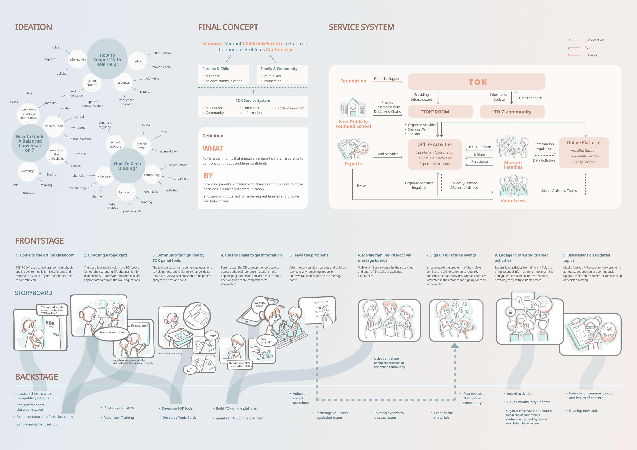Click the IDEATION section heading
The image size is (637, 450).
(x=34, y=27)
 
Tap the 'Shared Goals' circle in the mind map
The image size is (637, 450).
(x=54, y=126)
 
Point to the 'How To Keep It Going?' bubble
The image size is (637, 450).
(x=127, y=166)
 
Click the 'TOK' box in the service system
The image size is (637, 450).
(x=476, y=82)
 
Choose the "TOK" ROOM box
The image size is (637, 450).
(x=440, y=112)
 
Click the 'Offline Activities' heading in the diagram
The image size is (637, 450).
(x=435, y=144)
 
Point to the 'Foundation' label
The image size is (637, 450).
(x=353, y=81)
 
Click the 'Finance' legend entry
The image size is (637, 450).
(x=591, y=55)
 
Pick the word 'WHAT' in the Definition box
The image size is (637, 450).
(x=213, y=149)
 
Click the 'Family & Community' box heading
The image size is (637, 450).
(x=279, y=69)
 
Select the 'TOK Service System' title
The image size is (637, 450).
(x=253, y=101)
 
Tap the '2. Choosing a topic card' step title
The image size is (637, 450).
(x=106, y=255)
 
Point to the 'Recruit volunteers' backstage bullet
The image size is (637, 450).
(x=119, y=408)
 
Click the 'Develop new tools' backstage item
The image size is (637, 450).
(x=583, y=411)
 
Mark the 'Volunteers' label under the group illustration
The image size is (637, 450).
(x=513, y=201)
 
